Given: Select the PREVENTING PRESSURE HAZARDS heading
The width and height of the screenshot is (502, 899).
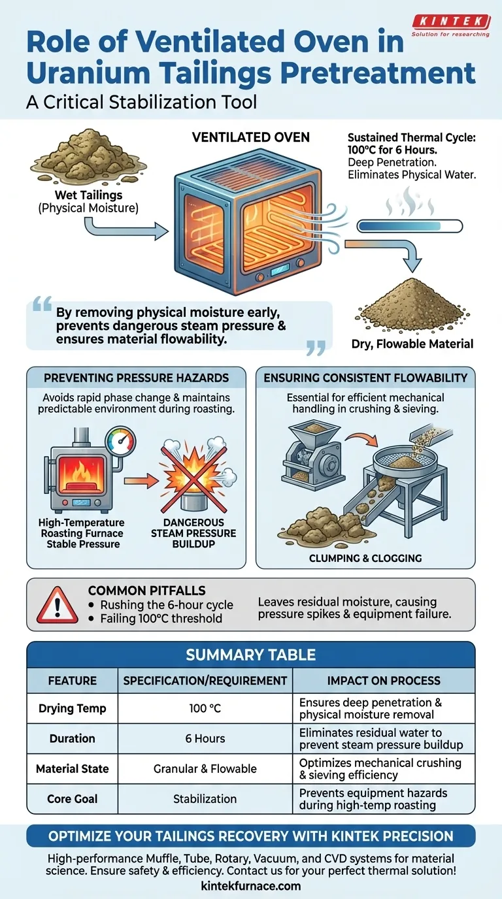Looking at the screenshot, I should click(x=137, y=377).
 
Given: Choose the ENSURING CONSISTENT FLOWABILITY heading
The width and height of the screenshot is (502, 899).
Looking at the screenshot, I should click(x=365, y=377).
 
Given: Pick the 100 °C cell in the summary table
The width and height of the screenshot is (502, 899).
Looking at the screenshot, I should click(x=205, y=709).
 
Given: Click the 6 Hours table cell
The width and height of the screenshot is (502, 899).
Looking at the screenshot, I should click(x=205, y=738).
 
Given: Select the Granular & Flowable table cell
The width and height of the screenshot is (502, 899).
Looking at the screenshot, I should click(x=205, y=769).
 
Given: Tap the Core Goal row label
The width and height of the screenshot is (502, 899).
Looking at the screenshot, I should click(x=72, y=798).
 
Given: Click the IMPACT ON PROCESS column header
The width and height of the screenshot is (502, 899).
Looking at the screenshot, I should click(x=384, y=680).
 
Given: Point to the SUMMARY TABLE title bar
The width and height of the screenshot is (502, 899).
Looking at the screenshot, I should click(x=251, y=654).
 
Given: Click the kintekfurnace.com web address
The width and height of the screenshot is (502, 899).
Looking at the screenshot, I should click(x=251, y=886).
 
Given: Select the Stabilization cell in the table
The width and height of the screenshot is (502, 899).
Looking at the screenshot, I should click(x=205, y=798).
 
